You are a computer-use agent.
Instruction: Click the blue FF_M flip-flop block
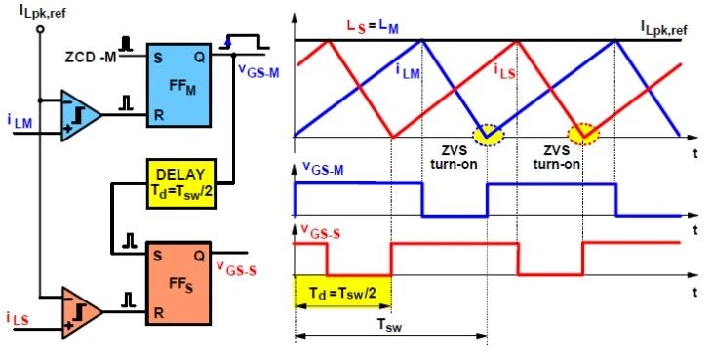[178, 85]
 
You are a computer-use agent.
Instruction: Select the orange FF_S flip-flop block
[178, 283]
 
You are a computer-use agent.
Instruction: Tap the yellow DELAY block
[180, 183]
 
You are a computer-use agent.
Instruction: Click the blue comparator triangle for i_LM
[80, 115]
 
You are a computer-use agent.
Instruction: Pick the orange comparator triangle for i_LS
[81, 312]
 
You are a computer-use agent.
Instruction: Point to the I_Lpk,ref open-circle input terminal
[40, 29]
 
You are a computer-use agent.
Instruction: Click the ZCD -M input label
[91, 58]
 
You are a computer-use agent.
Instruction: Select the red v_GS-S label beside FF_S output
[236, 268]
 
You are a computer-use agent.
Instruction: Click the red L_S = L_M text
[373, 26]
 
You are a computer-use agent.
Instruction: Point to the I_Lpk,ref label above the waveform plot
[663, 28]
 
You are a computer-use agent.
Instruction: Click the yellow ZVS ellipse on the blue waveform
[488, 135]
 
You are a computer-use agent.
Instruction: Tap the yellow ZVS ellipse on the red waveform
[584, 135]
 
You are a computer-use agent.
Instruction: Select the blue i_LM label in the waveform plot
[408, 72]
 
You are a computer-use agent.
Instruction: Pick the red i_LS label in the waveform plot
[505, 72]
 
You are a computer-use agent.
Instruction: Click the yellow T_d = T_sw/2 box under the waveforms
[342, 292]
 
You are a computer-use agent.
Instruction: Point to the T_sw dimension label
[389, 325]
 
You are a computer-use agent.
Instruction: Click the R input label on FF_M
[158, 115]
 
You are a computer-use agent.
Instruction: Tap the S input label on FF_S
[158, 256]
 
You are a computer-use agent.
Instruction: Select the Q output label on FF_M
[199, 58]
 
